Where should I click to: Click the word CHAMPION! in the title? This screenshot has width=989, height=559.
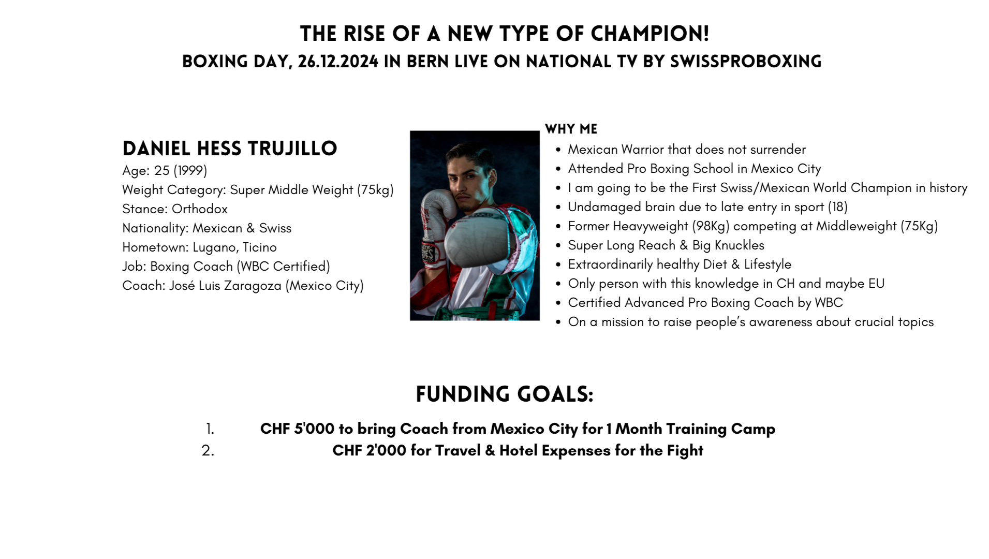(650, 34)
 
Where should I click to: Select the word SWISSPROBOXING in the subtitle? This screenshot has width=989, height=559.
(745, 62)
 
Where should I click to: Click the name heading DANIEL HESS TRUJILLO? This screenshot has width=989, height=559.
(230, 149)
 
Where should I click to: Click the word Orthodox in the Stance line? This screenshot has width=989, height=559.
(200, 209)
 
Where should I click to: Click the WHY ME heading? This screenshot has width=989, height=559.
(571, 129)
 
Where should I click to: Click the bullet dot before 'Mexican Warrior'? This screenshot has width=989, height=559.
(558, 150)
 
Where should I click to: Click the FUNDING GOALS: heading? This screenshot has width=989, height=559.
(504, 394)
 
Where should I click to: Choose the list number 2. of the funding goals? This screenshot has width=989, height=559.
(208, 451)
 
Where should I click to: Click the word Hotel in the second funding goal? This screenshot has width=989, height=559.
(518, 451)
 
